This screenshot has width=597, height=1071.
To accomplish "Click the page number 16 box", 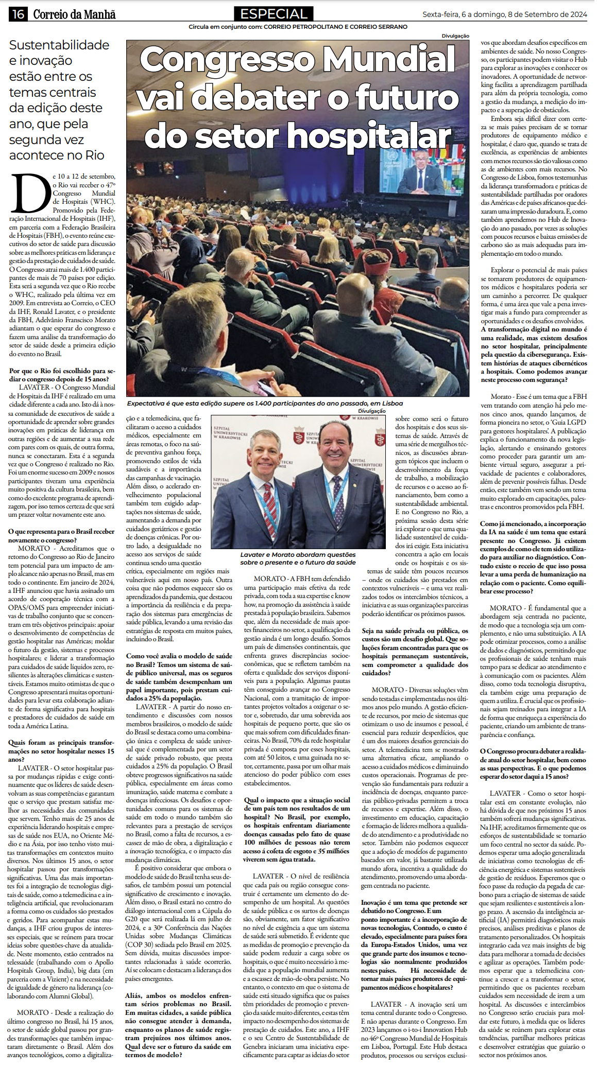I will tap(18, 14).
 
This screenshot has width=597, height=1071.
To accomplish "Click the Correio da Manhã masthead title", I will tap(74, 14).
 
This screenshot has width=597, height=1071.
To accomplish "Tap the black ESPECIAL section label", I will tap(274, 14).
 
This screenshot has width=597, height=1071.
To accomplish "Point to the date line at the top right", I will tap(504, 14).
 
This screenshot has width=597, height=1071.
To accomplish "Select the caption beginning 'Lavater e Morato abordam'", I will tap(298, 558).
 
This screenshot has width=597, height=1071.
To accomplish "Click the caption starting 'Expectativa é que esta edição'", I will tap(265, 403).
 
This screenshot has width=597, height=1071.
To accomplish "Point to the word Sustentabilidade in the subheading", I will tap(59, 45).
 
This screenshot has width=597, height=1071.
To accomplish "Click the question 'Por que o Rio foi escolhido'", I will tap(62, 375).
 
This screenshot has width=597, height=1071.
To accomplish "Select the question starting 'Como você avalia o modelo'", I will tap(179, 677).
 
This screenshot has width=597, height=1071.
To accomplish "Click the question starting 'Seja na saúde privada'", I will tap(415, 652).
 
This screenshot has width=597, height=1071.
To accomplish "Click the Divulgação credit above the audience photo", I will tap(455, 36).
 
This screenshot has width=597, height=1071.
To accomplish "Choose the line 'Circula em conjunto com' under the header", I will tap(298, 27).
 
